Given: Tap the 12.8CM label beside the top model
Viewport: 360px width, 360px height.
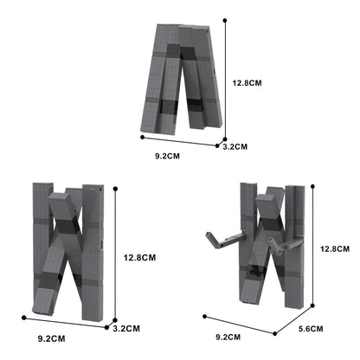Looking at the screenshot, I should [248, 84].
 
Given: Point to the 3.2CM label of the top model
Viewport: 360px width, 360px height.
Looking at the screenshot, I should [235, 147].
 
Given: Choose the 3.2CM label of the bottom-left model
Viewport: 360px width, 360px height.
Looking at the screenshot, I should [127, 328].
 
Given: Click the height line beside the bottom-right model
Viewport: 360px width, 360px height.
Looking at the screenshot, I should [317, 246].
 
